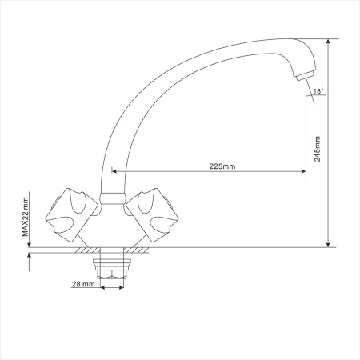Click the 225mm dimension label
(x=222, y=166)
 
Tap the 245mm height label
(x=318, y=149)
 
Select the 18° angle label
(x=318, y=91)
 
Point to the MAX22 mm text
(x=26, y=217)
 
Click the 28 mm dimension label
(x=83, y=284)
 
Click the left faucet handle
(x=71, y=215)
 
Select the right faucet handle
(x=152, y=215)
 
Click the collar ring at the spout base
(x=112, y=199)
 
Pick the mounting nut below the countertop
(x=112, y=268)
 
